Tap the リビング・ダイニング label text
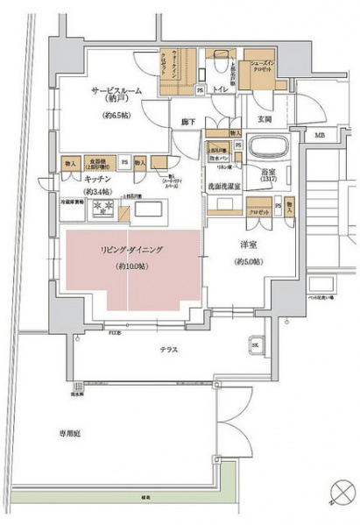(130, 250)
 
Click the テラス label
(169, 349)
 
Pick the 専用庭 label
(70, 431)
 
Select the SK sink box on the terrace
(256, 345)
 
